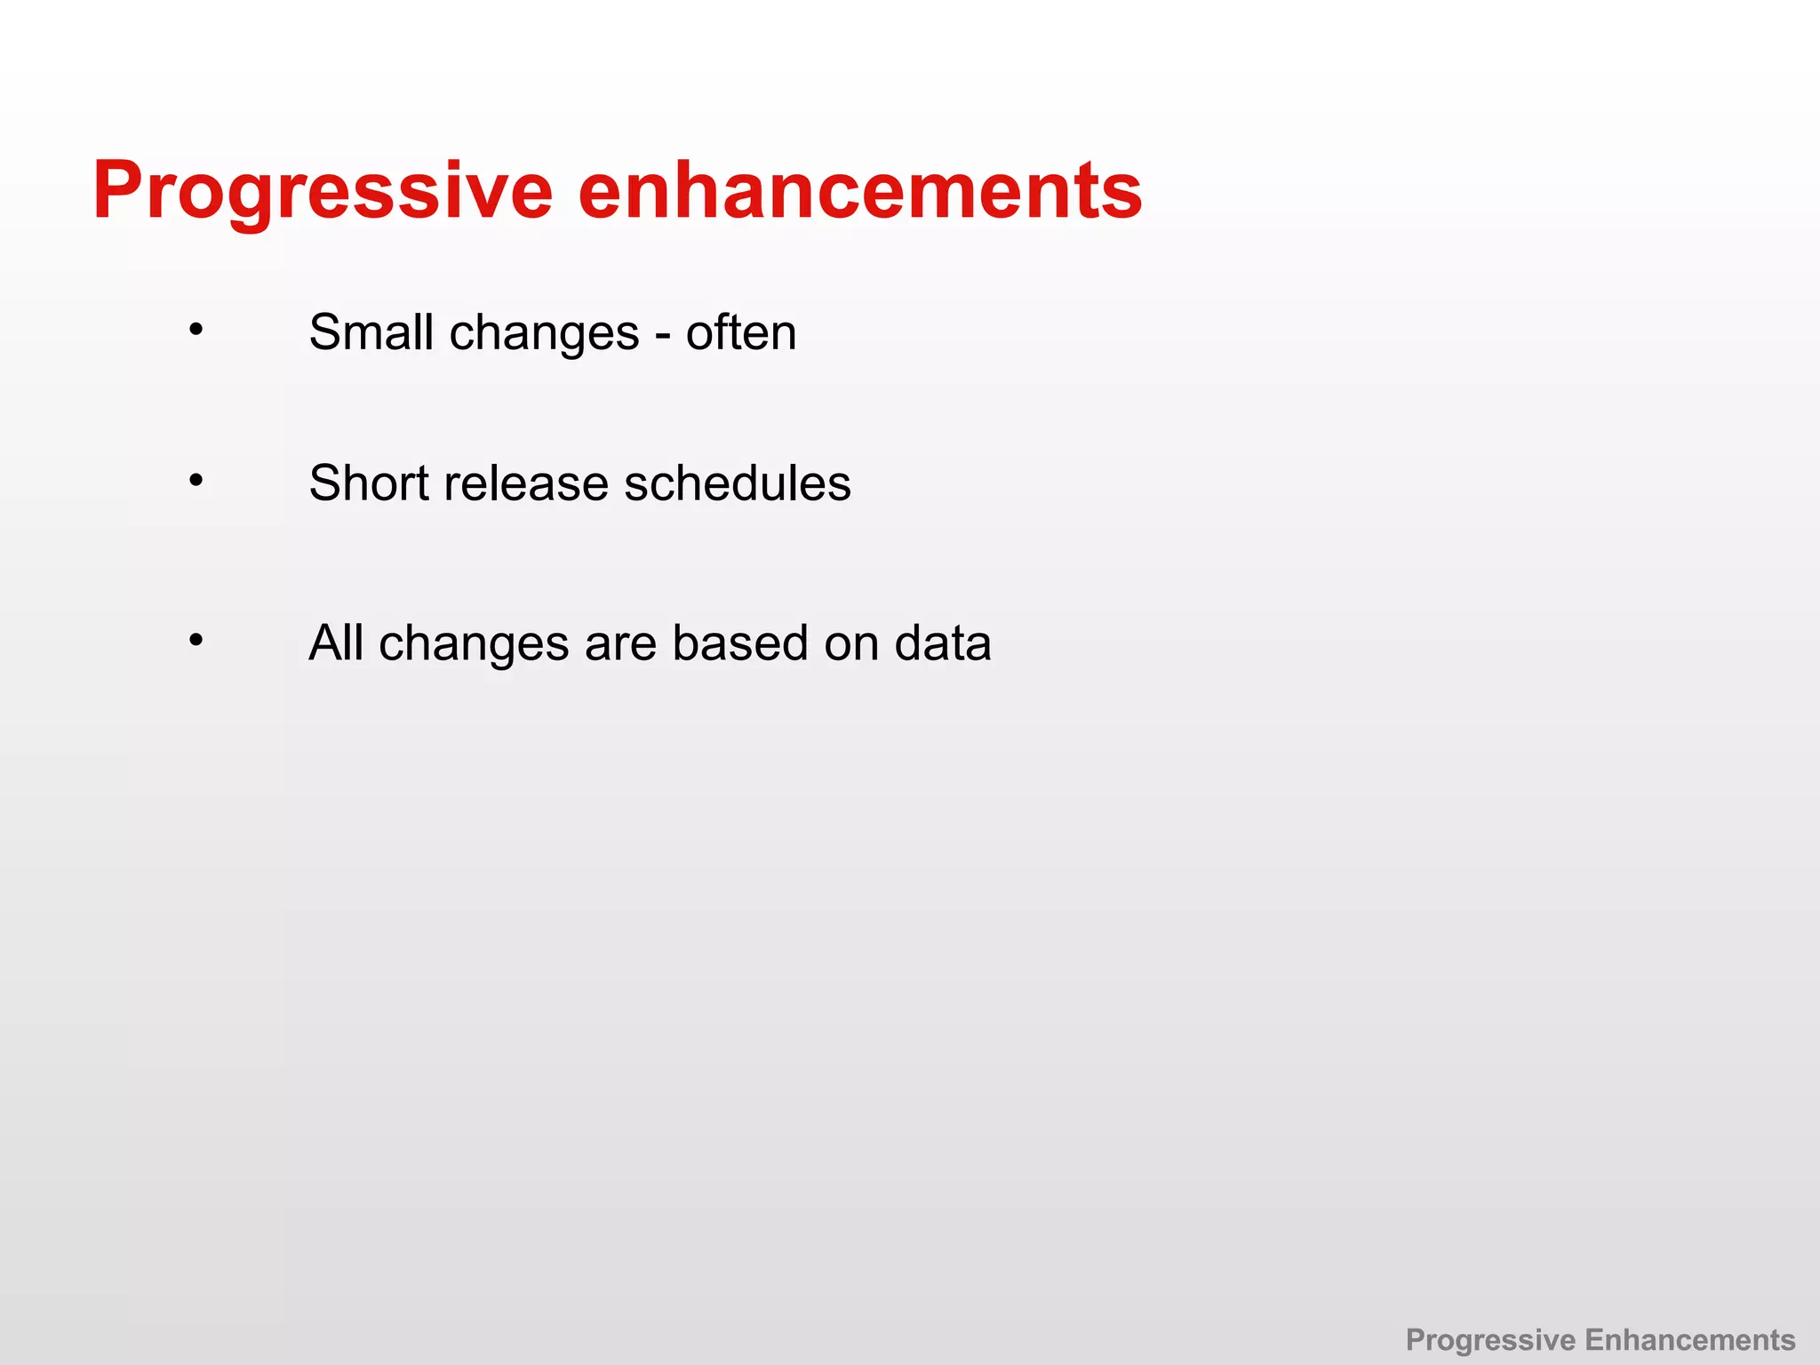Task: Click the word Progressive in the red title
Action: tap(323, 191)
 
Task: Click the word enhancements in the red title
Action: tap(859, 191)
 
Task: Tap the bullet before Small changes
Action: tap(196, 331)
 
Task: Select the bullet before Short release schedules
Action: tap(196, 481)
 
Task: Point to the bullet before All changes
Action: tap(196, 640)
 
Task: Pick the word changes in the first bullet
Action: tap(544, 334)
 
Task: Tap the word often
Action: tap(740, 332)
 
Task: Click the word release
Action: tap(526, 483)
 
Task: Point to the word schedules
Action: tap(737, 483)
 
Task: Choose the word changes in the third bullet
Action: tap(474, 644)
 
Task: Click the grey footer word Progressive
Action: tap(1490, 1340)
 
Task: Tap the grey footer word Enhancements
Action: tap(1690, 1339)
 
